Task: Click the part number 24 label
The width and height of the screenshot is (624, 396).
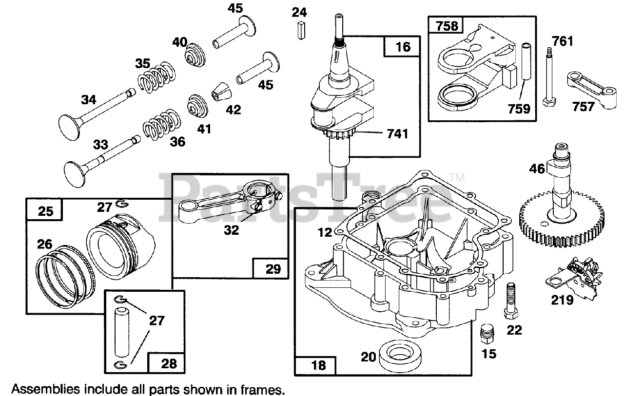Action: tap(299, 12)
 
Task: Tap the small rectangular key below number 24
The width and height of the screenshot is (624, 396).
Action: tap(301, 30)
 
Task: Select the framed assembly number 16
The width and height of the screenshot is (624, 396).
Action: tap(403, 46)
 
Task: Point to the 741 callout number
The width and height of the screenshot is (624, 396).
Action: tap(397, 134)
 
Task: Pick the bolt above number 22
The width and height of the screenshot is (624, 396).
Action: tap(511, 301)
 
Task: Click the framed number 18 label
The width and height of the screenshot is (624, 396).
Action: tap(319, 365)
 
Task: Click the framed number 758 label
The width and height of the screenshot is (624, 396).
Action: tap(447, 26)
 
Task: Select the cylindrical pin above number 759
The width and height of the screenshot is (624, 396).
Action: tap(526, 62)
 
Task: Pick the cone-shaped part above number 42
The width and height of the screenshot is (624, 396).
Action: tap(222, 91)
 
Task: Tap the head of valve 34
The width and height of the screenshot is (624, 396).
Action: tap(70, 127)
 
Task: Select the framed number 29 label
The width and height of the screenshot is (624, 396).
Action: tap(273, 268)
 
